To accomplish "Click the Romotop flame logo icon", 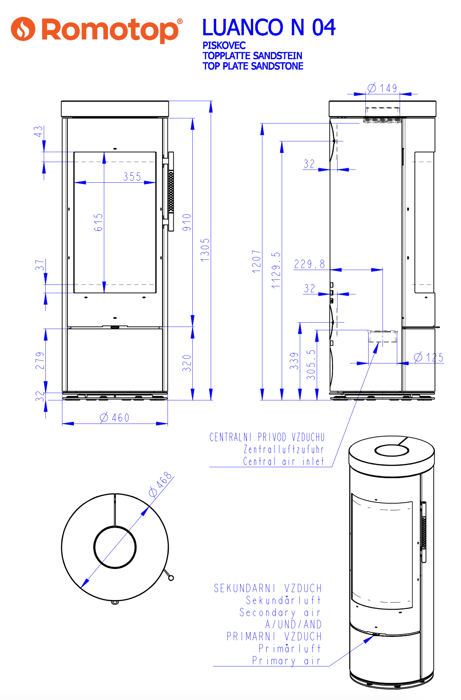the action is tap(23, 29).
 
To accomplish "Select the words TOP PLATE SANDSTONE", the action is tap(253, 66).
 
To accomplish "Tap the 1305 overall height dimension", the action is tap(205, 250).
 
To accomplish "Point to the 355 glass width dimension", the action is tap(132, 177).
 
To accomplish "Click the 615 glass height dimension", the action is tap(98, 222).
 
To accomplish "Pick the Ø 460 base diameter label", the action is tap(114, 418).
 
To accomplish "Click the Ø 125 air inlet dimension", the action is tap(429, 357).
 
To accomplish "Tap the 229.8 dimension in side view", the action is tap(309, 264).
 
